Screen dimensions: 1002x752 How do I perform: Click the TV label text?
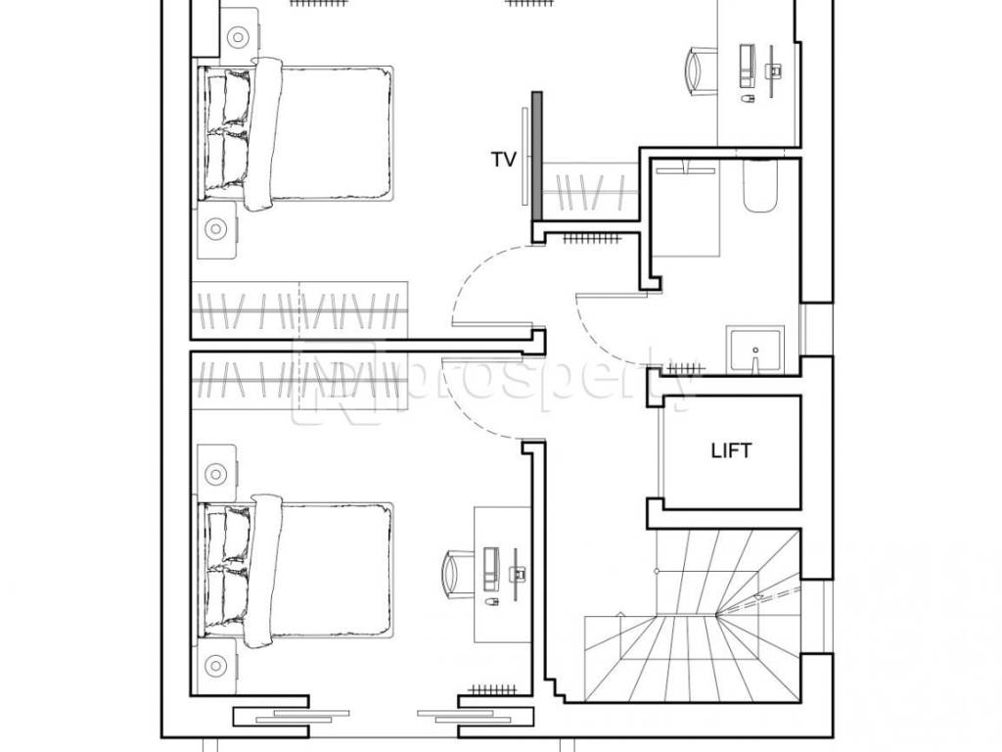[503, 160]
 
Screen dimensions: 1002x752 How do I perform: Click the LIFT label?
[731, 450]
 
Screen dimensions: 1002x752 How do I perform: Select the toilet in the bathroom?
[759, 185]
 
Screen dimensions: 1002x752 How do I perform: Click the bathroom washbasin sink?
[754, 350]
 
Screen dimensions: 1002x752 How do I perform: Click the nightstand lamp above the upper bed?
[237, 37]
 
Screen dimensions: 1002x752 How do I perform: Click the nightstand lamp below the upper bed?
[216, 228]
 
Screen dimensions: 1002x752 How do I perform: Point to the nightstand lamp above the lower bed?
[216, 474]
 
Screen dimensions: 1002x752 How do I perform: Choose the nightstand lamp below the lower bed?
[216, 666]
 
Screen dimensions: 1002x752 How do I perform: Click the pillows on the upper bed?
[227, 131]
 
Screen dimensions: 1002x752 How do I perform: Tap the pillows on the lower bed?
[227, 569]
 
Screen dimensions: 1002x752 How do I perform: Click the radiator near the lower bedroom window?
[492, 690]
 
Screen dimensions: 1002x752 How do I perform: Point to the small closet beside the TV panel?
[590, 191]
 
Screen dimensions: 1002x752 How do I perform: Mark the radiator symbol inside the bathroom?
[686, 369]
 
